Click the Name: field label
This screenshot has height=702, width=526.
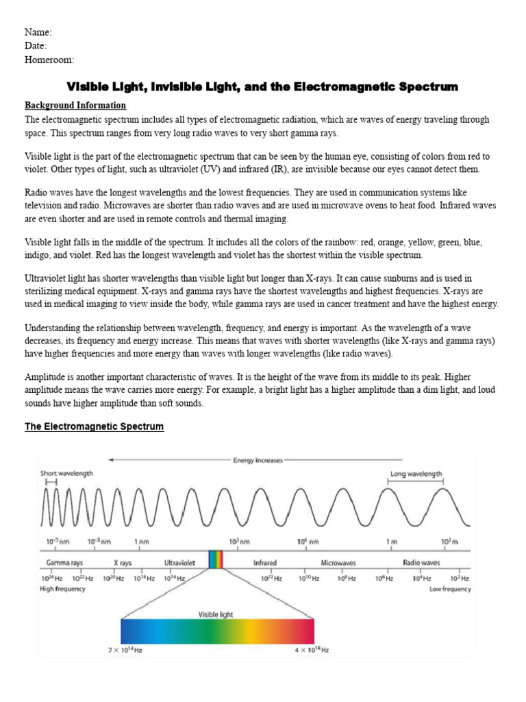38,32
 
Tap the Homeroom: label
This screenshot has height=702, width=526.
49,60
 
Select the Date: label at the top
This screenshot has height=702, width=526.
36,46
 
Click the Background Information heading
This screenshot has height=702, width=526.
75,106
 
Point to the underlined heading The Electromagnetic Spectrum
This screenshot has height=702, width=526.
95,426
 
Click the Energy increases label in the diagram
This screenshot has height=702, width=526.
258,461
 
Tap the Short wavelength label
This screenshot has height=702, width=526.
66,473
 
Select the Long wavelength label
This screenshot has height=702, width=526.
416,474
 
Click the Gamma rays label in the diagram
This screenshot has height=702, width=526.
64,563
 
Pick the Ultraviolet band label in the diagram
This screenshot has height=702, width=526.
179,563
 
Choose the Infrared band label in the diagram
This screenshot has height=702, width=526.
265,563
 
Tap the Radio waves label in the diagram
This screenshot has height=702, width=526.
421,563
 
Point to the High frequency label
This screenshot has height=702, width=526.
63,589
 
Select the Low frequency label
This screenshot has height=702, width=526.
450,589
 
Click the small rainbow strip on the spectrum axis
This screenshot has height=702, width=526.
216,560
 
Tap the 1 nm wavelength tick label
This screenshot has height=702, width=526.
142,542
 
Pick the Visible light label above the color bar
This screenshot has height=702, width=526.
216,615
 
